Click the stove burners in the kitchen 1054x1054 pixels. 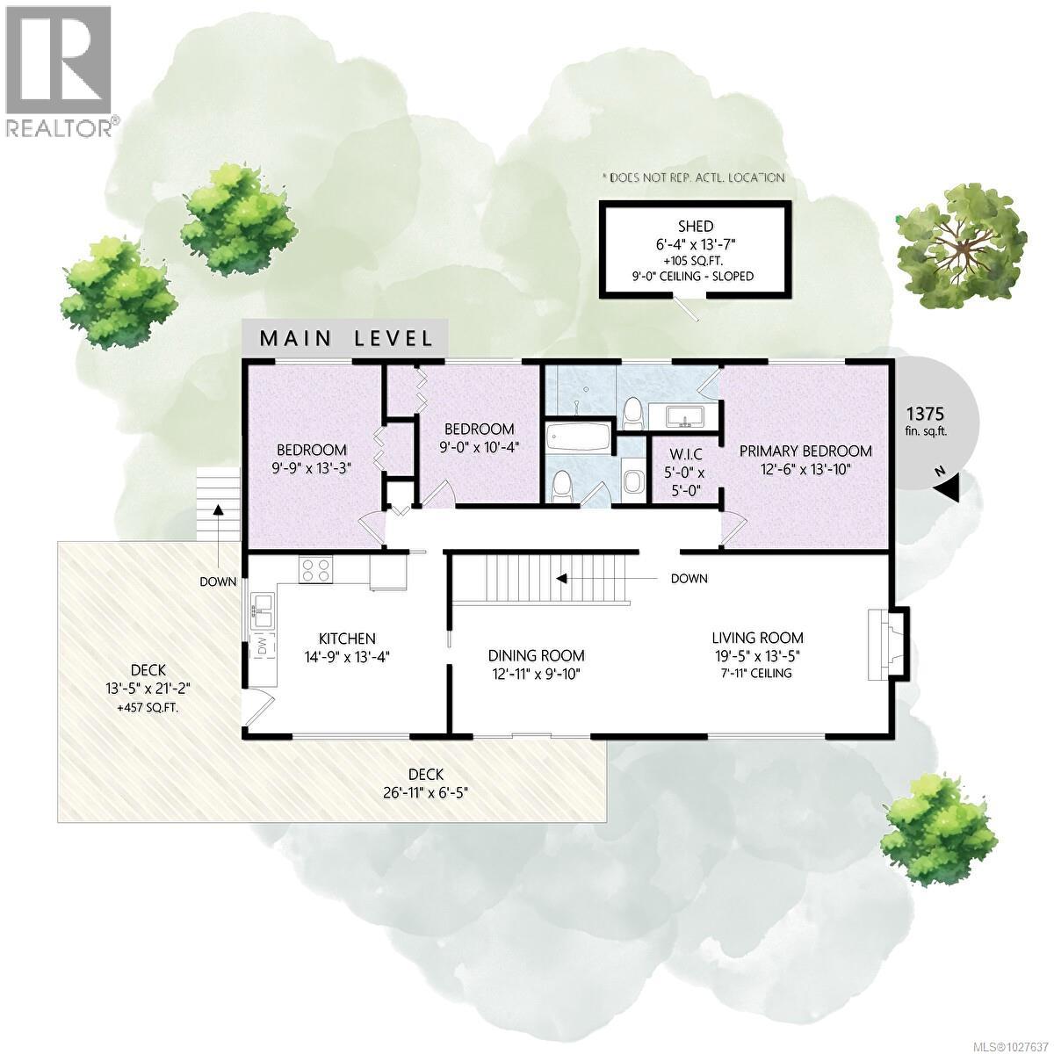click(x=316, y=571)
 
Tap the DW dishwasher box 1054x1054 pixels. click(x=263, y=646)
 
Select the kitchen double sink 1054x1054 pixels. click(x=263, y=609)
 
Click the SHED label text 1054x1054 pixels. click(x=696, y=226)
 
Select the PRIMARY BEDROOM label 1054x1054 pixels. click(x=805, y=451)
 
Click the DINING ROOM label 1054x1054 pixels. click(x=536, y=655)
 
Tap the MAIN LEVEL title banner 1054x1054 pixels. click(x=345, y=338)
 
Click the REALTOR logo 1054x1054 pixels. click(x=60, y=70)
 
